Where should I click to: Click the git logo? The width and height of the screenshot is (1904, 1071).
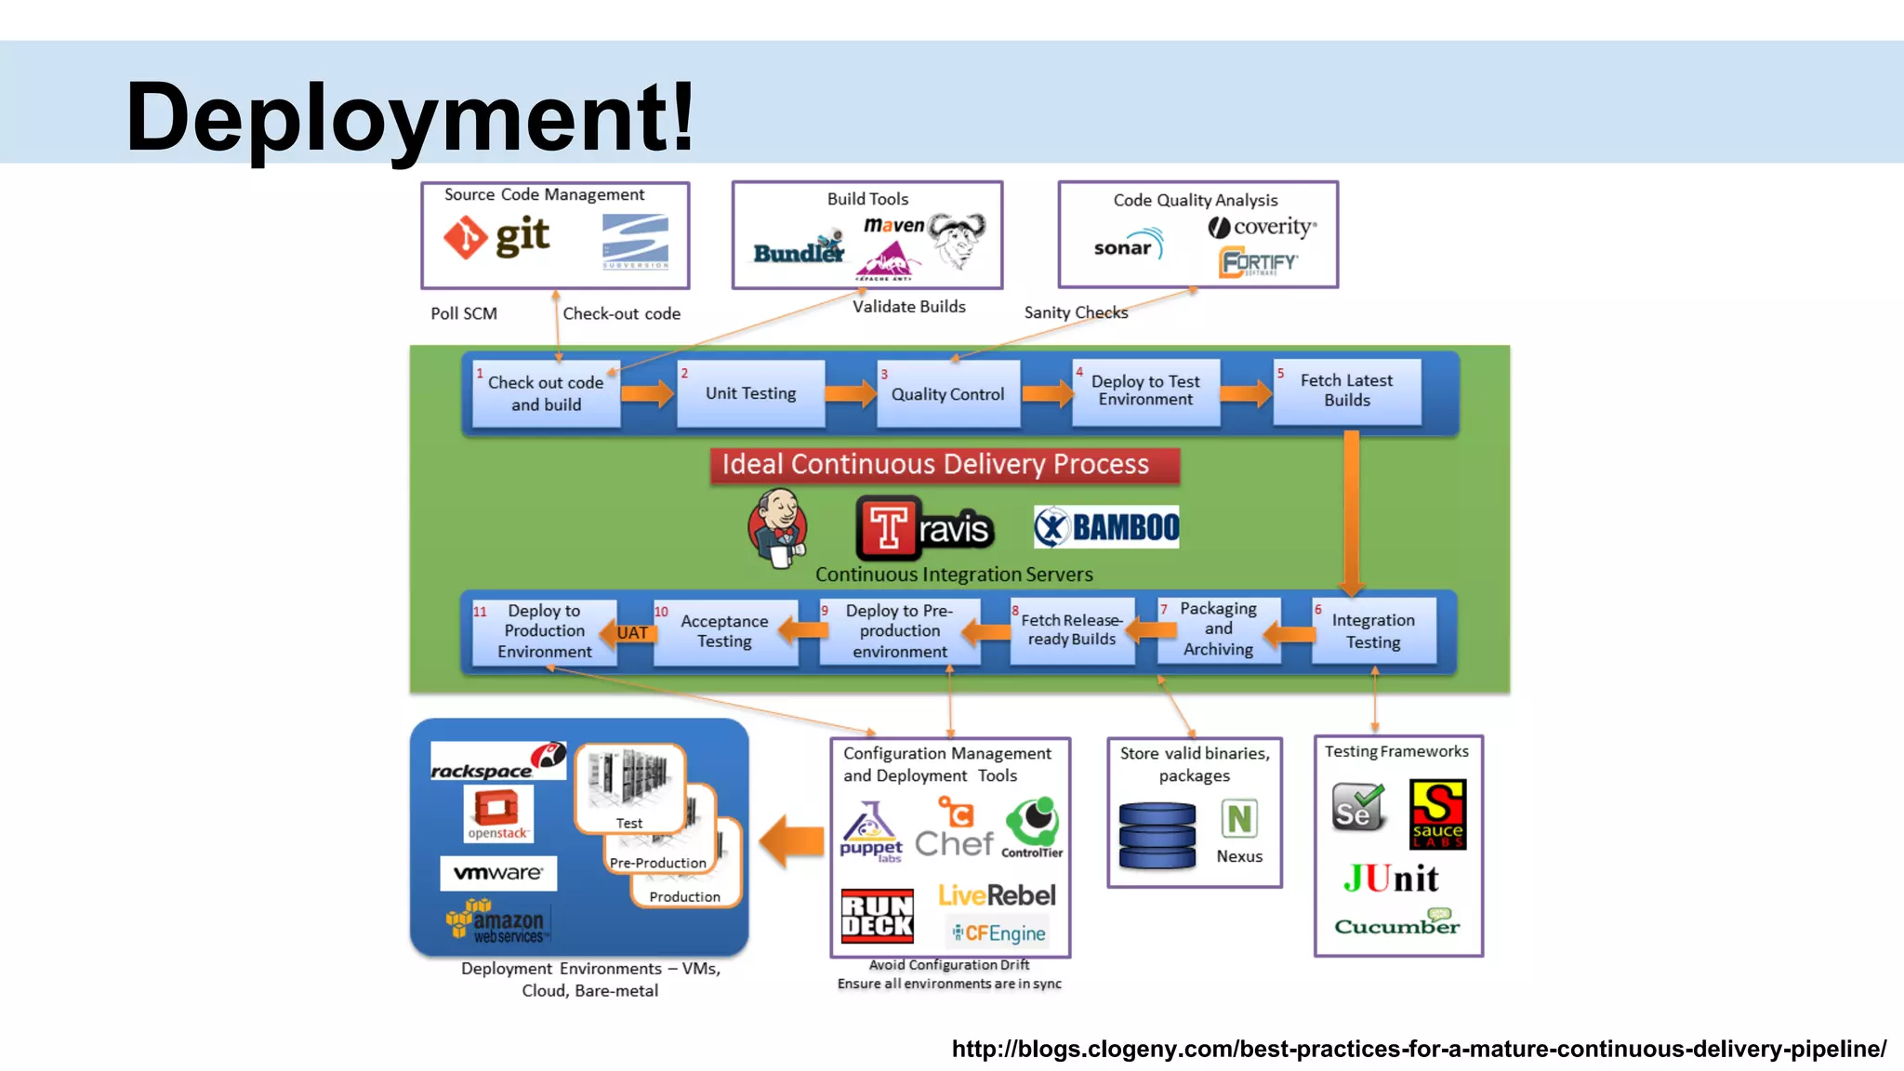coord(497,237)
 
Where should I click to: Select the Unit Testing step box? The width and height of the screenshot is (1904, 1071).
coord(750,393)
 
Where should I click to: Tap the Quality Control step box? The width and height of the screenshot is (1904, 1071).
coord(947,394)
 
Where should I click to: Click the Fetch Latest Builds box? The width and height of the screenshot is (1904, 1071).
coord(1346,391)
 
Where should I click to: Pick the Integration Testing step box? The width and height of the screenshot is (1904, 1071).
coord(1373,631)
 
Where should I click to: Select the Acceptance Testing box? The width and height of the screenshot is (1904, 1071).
coord(724,631)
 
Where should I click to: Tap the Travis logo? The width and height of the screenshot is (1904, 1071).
coord(924,528)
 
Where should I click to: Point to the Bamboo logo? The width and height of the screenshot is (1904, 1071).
coord(1106,528)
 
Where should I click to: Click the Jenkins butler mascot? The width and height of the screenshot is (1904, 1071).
coord(778,528)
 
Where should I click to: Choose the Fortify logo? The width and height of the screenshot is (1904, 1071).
coord(1259,262)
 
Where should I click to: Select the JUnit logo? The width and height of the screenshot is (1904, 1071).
coord(1391,879)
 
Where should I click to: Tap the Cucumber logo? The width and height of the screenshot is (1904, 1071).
coord(1396,924)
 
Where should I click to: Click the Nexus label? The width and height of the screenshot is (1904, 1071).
coord(1239,856)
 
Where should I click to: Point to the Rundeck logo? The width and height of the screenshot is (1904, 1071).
coord(877,916)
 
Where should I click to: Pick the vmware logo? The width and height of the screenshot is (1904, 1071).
coord(498,873)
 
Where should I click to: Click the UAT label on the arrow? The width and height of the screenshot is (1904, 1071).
coord(632,633)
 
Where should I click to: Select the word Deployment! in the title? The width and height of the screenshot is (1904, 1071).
coord(410,117)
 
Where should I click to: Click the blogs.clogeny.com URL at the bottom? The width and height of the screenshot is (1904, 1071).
coord(1419,1049)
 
